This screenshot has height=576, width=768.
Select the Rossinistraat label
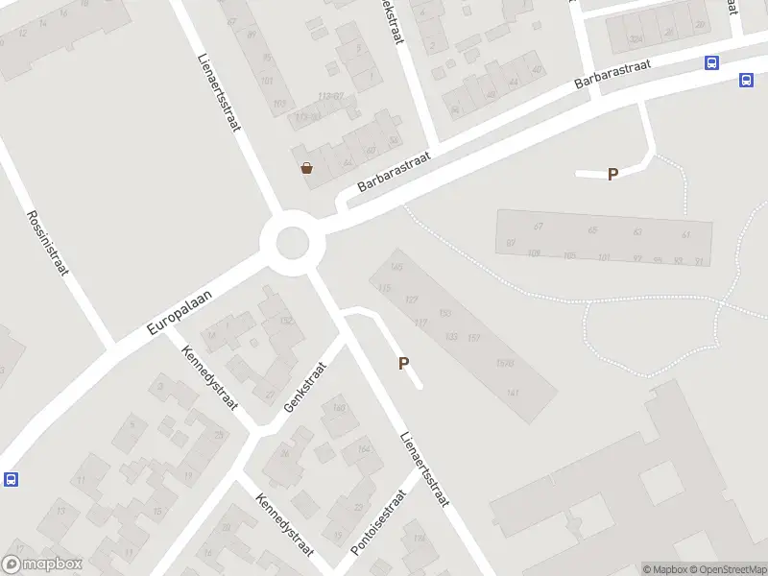point(47,243)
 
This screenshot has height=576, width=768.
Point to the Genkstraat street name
point(305,387)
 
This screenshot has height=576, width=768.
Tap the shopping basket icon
point(306,168)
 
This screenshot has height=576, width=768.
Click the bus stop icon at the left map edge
point(11,479)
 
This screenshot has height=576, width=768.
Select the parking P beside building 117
point(404,364)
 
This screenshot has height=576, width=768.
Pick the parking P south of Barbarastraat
point(612,174)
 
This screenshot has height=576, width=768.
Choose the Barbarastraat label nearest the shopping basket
point(393,173)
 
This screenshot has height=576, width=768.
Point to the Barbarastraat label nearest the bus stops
point(612,73)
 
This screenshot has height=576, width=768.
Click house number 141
point(513,394)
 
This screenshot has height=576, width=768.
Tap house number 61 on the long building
point(685,234)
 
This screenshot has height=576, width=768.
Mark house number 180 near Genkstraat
point(338,408)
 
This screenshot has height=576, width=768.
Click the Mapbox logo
point(41,564)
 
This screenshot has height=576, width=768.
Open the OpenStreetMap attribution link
point(727,569)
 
